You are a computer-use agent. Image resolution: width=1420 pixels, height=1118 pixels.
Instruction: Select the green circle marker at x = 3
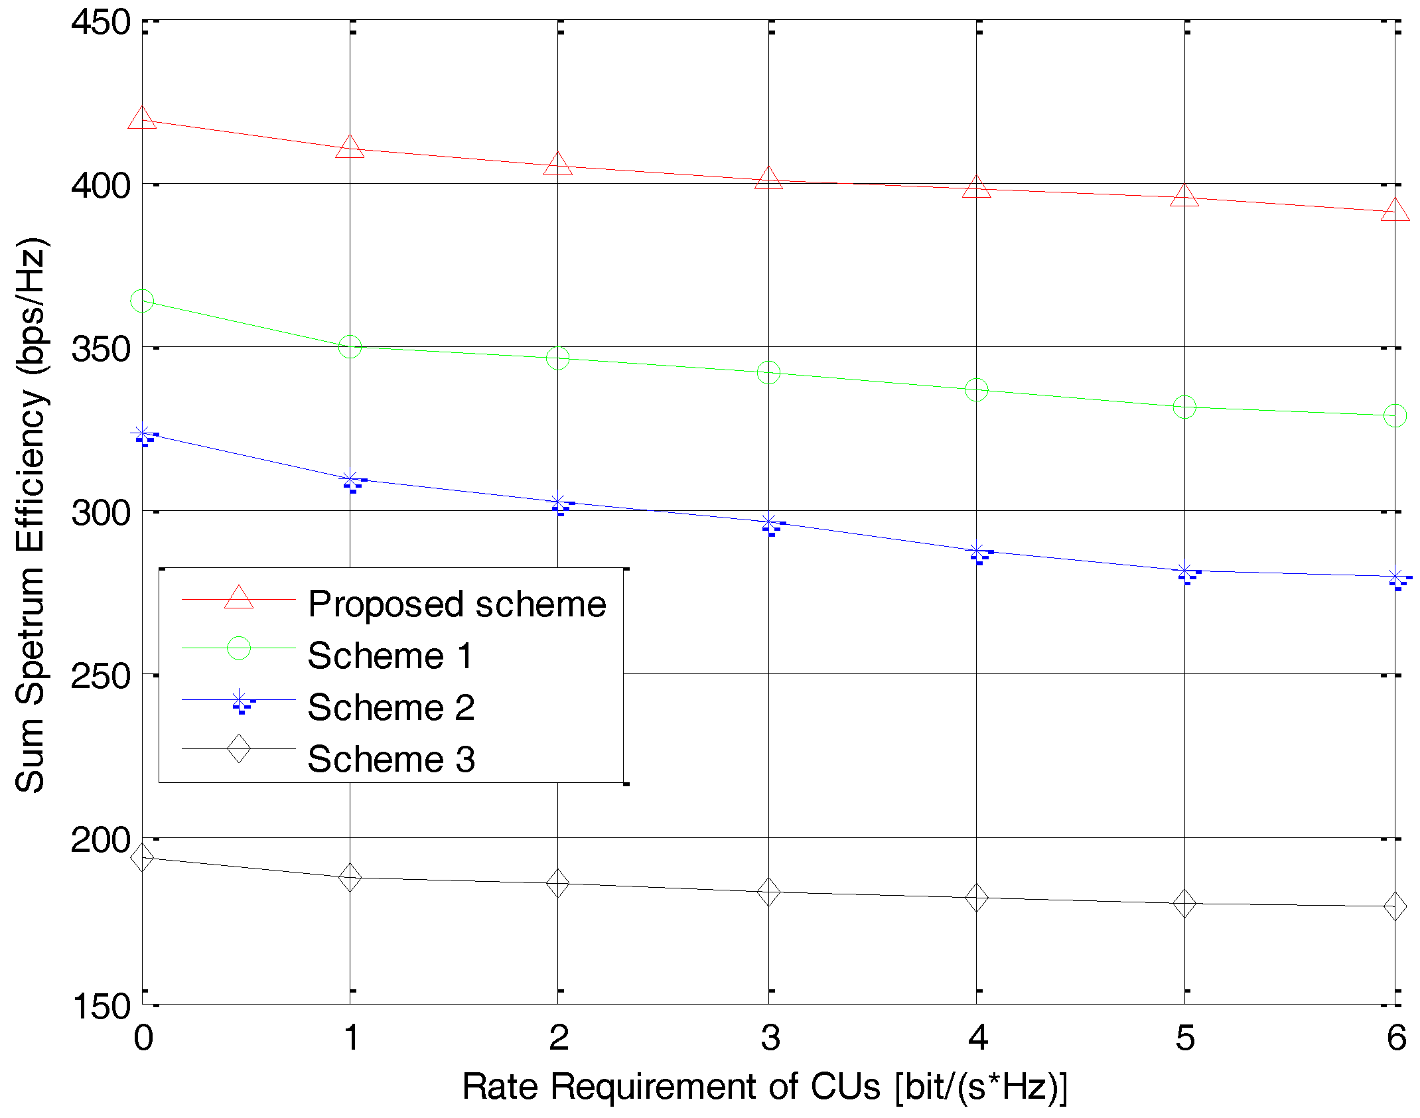pyautogui.click(x=768, y=373)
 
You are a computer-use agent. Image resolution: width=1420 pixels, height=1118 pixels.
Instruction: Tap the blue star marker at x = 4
pyautogui.click(x=977, y=552)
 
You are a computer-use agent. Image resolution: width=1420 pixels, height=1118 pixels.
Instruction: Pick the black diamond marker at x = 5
pyautogui.click(x=1184, y=903)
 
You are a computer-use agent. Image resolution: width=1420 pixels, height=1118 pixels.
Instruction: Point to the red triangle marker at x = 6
pyautogui.click(x=1395, y=211)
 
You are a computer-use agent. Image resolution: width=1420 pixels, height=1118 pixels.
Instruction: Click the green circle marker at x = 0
pyautogui.click(x=142, y=301)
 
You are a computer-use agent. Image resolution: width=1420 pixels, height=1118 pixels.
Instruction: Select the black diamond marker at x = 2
pyautogui.click(x=558, y=883)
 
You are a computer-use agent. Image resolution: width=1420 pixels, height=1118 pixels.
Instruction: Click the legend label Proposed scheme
pyautogui.click(x=457, y=604)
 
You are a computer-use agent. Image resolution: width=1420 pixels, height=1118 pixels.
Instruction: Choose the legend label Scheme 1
pyautogui.click(x=390, y=656)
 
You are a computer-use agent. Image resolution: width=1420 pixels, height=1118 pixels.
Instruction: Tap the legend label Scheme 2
pyautogui.click(x=391, y=707)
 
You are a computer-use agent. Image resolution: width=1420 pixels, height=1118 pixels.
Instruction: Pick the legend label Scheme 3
pyautogui.click(x=391, y=758)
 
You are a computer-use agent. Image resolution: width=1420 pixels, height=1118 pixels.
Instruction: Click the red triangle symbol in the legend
pyautogui.click(x=239, y=598)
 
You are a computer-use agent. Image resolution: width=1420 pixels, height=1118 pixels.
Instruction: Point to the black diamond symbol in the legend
pyautogui.click(x=239, y=748)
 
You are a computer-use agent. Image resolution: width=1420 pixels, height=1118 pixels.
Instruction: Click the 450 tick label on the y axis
pyautogui.click(x=101, y=23)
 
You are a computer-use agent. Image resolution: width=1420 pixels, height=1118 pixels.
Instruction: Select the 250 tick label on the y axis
pyautogui.click(x=101, y=675)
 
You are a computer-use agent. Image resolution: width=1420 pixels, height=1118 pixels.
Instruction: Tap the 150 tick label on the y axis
pyautogui.click(x=101, y=1007)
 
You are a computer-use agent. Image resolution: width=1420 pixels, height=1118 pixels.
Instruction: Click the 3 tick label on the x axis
pyautogui.click(x=770, y=1038)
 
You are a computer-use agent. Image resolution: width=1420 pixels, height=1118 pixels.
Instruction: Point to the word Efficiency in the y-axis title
pyautogui.click(x=31, y=471)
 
